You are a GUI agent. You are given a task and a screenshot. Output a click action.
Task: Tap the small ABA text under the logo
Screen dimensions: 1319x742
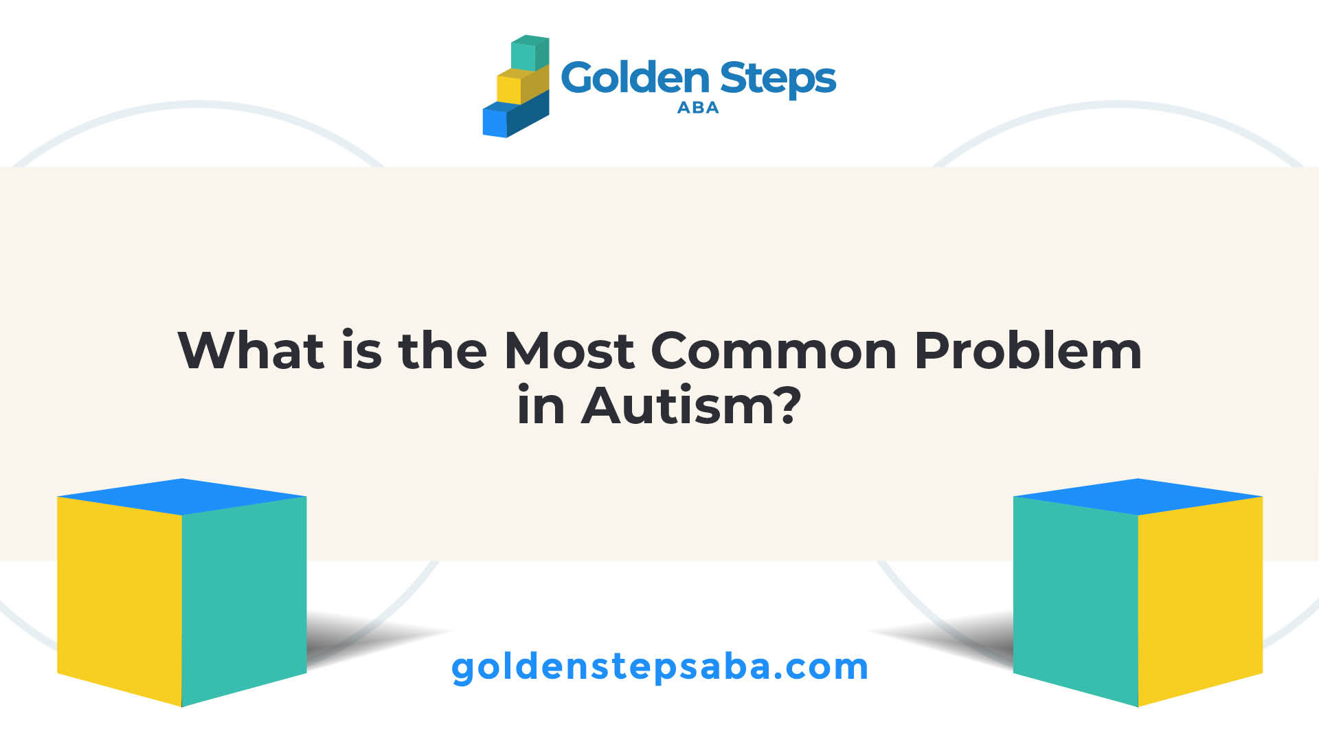pos(698,107)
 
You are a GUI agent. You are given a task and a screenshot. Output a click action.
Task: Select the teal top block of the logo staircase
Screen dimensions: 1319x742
pos(530,53)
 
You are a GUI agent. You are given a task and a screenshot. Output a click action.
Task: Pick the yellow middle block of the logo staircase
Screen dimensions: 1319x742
pos(523,85)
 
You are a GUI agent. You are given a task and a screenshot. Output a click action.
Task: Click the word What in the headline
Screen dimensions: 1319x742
pos(251,350)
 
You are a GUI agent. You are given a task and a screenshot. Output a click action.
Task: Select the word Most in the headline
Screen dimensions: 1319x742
pos(569,350)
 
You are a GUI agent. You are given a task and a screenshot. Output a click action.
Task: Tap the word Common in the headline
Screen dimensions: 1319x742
pos(774,351)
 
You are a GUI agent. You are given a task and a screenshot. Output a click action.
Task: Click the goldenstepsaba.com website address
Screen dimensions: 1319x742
pos(659,667)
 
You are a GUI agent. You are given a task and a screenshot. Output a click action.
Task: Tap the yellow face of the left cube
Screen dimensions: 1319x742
pos(120,599)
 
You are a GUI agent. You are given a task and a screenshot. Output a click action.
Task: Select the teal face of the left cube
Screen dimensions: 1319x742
pos(244,599)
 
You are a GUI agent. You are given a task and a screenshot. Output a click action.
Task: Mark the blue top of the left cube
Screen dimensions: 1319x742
pos(182,496)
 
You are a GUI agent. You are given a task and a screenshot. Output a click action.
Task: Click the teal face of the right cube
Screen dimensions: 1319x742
pos(1076,599)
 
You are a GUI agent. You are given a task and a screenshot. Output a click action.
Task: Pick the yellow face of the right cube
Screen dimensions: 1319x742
pos(1200,599)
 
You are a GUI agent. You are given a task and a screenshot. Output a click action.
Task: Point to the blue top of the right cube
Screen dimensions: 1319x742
pos(1138,496)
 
